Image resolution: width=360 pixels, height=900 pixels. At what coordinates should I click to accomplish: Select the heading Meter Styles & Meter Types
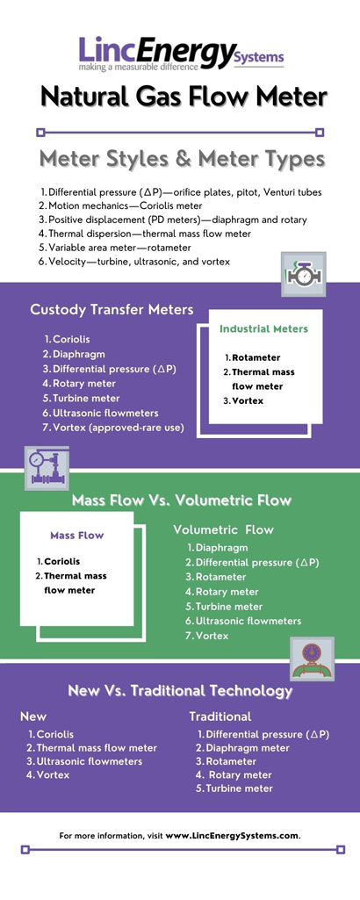click(180, 159)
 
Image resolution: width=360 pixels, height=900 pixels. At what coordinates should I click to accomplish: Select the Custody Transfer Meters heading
click(112, 309)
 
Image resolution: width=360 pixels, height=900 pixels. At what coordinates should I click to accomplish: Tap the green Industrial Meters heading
click(263, 328)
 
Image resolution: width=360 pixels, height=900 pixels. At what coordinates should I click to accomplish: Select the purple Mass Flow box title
click(77, 535)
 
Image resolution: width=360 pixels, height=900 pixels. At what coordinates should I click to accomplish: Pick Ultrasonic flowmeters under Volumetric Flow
click(248, 621)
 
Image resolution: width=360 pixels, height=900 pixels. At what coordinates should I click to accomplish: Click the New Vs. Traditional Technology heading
click(180, 691)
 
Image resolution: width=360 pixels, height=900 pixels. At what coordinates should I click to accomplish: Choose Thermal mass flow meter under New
click(97, 747)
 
